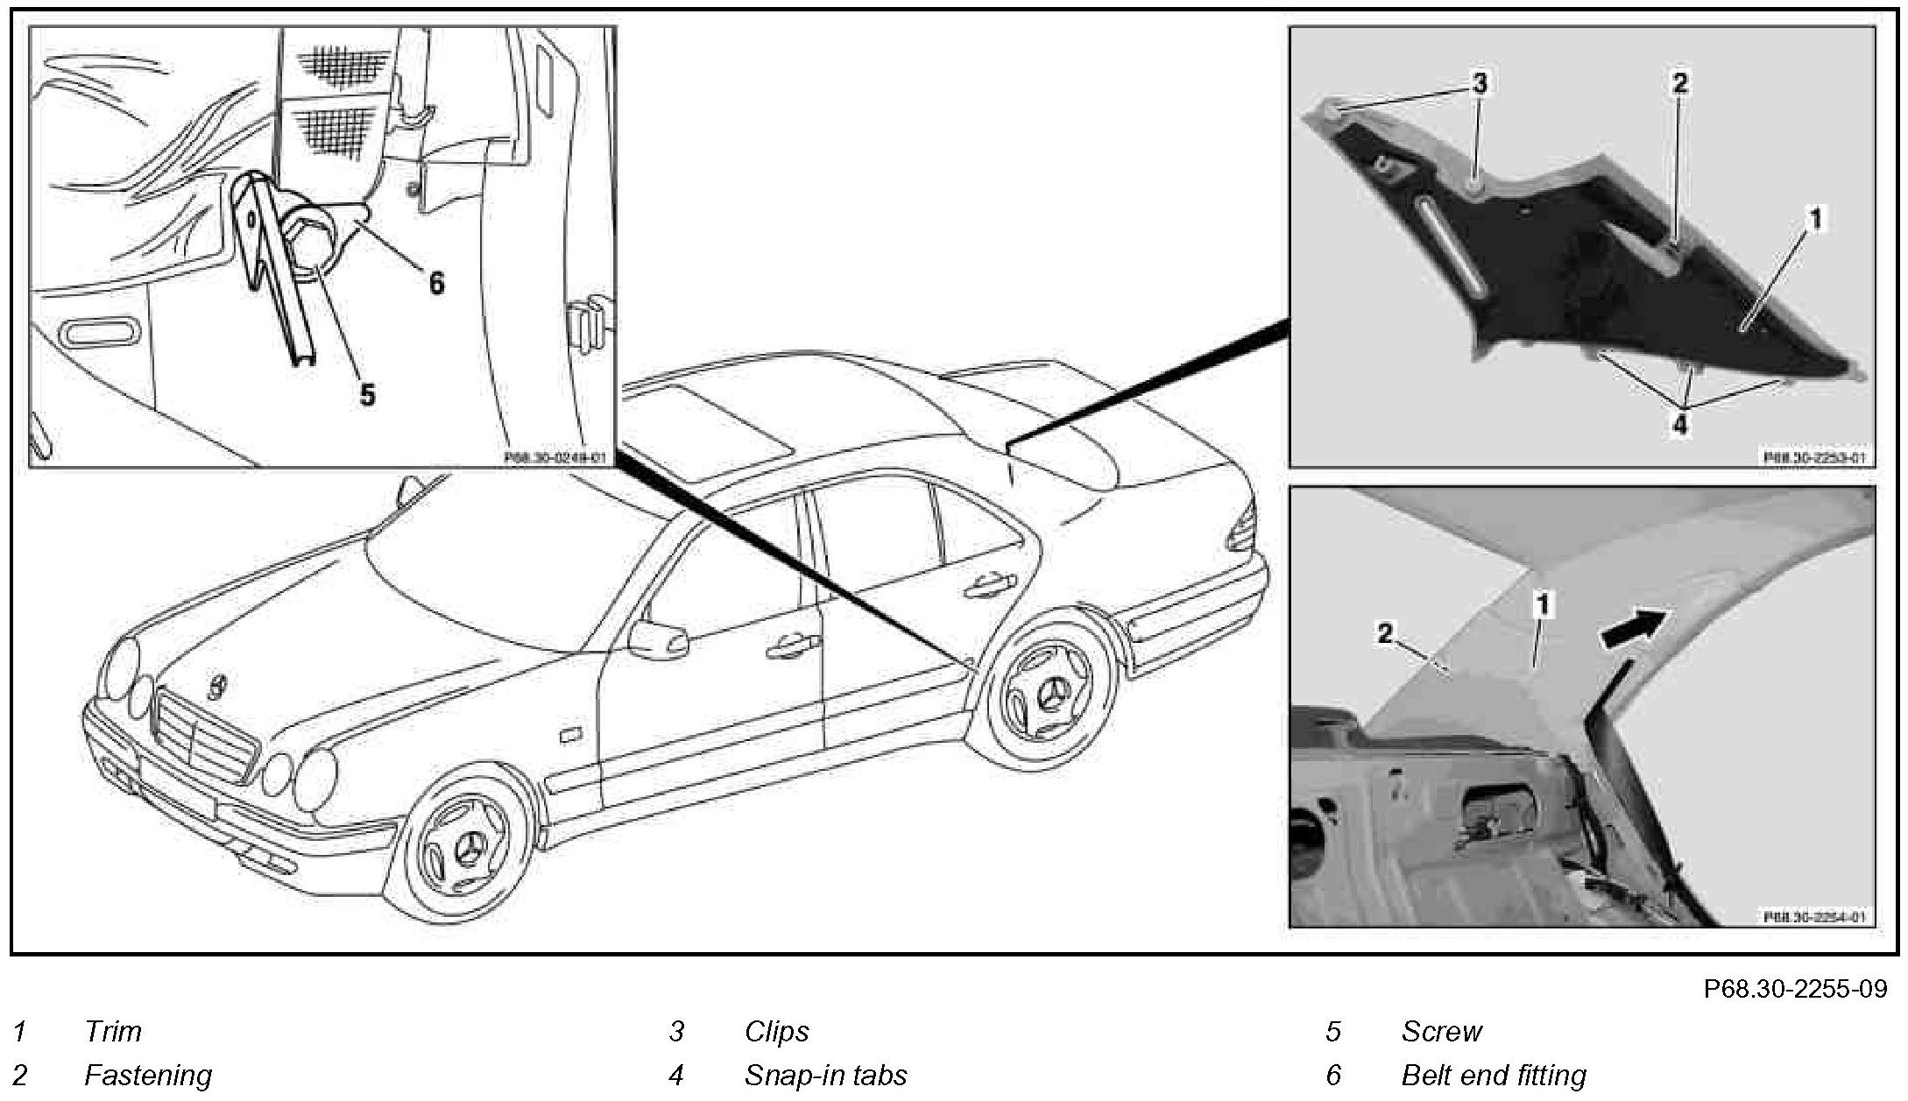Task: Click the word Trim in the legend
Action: click(x=113, y=1032)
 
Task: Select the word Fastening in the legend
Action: click(x=148, y=1075)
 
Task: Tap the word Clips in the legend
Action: click(x=776, y=1032)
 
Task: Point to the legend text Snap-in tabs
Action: click(x=825, y=1075)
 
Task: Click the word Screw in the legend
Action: click(x=1441, y=1032)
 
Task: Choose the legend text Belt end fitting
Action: click(x=1494, y=1075)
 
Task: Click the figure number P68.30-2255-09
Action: click(x=1795, y=989)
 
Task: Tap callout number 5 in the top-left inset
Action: click(x=368, y=394)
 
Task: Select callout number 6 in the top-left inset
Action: click(x=435, y=282)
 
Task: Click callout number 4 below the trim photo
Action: click(x=1680, y=425)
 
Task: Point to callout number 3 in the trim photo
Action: click(x=1479, y=85)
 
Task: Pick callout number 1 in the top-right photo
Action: click(x=1815, y=219)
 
